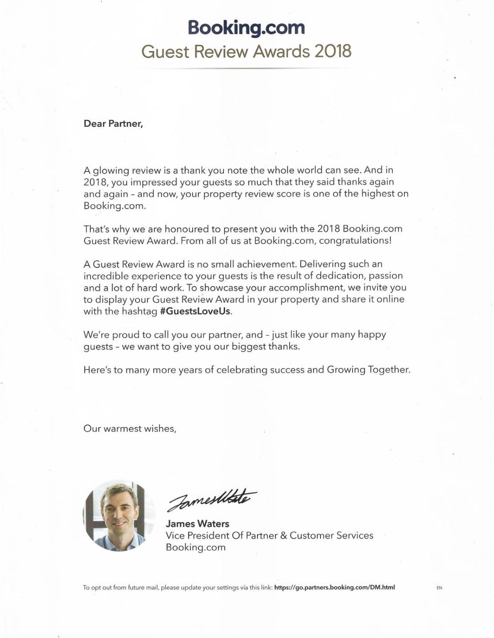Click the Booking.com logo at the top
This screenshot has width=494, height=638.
coord(246,27)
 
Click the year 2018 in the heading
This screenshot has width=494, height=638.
coord(333,51)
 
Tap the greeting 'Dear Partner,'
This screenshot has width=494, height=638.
coord(113,123)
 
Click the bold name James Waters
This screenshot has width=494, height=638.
coord(198,524)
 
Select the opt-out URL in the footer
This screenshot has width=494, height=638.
coord(334,587)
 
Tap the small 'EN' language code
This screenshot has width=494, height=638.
coord(439,588)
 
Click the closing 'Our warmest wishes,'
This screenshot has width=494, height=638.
coord(130,428)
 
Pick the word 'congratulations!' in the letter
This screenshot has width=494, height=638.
coord(355,240)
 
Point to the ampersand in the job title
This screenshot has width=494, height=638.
coord(283,535)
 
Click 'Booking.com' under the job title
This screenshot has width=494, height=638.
coord(195,547)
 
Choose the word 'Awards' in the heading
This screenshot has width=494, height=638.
coord(281,51)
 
